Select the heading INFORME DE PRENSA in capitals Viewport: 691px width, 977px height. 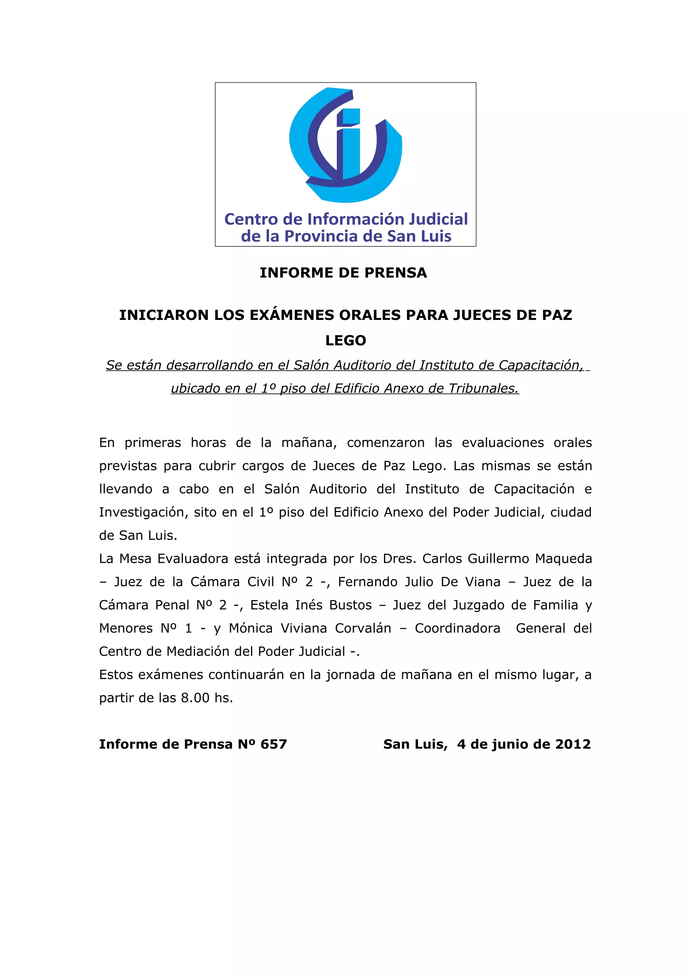tap(343, 273)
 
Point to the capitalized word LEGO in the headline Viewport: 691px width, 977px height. tap(345, 341)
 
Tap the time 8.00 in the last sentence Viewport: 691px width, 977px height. tap(195, 698)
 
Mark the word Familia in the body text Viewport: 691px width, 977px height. tap(553, 605)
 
